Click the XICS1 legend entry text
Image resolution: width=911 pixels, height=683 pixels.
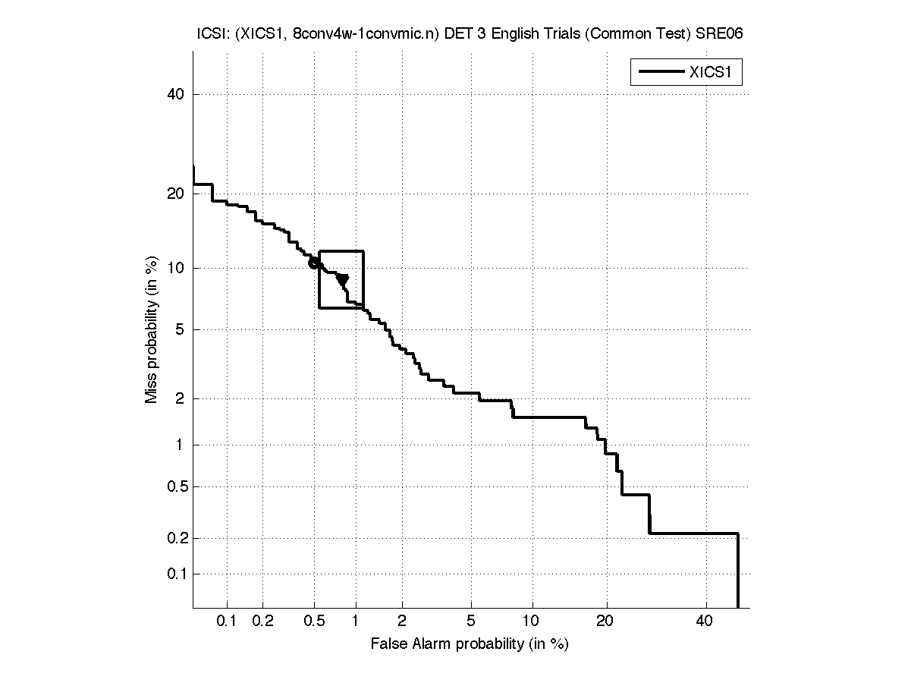pos(715,72)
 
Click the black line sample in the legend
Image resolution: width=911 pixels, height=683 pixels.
pos(660,72)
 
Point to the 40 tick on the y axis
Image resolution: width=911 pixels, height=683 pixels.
pos(174,94)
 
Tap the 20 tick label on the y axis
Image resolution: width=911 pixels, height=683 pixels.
pos(174,194)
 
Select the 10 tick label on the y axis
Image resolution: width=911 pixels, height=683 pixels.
pos(174,268)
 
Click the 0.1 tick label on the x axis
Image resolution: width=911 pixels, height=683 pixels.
pos(228,622)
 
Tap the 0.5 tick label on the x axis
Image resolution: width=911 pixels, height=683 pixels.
pos(314,622)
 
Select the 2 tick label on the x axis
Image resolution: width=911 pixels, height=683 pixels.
pos(402,622)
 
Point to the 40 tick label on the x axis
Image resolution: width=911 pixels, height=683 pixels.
pos(705,622)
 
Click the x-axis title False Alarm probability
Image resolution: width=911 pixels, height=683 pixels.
pos(470,644)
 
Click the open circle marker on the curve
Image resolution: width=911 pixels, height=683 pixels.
pos(314,263)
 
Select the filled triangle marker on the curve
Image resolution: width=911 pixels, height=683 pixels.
pos(343,280)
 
